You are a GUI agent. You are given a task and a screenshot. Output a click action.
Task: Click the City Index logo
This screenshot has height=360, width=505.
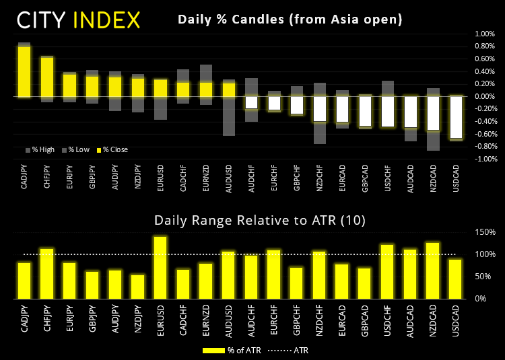point(78,20)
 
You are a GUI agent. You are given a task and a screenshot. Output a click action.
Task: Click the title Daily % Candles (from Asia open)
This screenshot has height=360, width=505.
point(290,20)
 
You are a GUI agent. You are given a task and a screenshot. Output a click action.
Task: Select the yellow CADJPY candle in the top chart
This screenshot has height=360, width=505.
point(24,71)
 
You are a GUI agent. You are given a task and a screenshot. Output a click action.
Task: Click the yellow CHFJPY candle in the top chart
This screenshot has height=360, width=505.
point(46,77)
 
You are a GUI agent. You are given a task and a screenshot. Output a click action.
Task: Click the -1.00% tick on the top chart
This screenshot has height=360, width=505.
point(484,159)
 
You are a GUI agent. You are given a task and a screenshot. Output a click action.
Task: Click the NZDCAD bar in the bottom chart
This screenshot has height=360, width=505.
point(434,271)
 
